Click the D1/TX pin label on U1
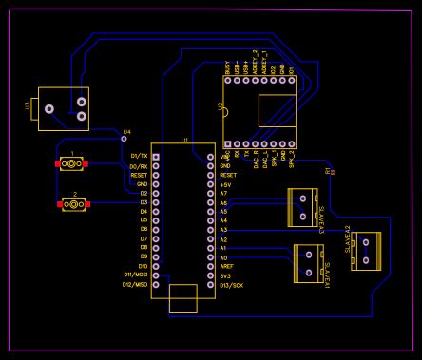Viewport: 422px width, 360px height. pyautogui.click(x=139, y=156)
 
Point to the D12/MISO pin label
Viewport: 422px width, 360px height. pyautogui.click(x=135, y=285)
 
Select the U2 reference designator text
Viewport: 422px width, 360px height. pyautogui.click(x=221, y=110)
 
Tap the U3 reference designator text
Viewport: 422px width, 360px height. pyautogui.click(x=28, y=109)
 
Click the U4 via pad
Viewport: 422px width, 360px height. pyautogui.click(x=123, y=139)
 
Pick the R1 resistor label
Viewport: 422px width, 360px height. pyautogui.click(x=328, y=171)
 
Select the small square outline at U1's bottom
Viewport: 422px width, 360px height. pyautogui.click(x=182, y=297)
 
